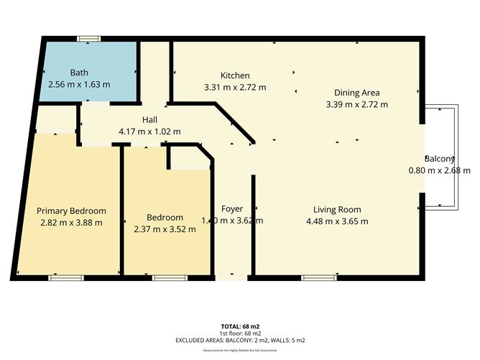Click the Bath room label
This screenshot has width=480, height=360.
79,73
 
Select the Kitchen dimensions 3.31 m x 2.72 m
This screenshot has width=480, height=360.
235,88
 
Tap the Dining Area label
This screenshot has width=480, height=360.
356,93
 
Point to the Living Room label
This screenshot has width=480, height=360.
336,210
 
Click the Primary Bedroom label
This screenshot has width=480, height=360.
71,211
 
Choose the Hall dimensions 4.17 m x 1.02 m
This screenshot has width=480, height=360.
150,131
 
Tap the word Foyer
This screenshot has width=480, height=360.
232,209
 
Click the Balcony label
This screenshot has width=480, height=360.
439,159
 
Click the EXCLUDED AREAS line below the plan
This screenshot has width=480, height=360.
240,339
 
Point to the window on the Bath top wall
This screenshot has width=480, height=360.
89,38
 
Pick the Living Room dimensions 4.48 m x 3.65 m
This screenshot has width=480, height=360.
336,221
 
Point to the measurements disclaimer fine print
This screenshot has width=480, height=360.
240,350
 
